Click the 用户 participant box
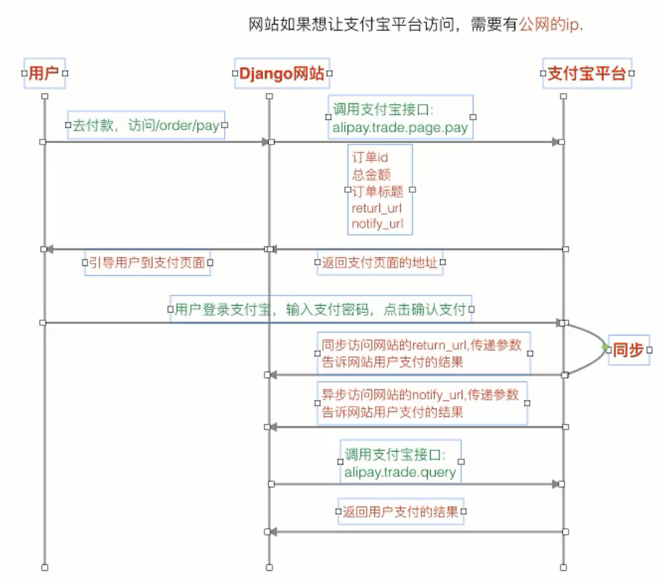[x=45, y=73]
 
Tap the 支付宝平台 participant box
[x=587, y=73]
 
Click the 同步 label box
[x=627, y=350]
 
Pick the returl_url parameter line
[x=376, y=208]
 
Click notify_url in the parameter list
[x=377, y=224]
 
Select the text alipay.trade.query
[x=400, y=473]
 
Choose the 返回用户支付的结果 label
[x=400, y=512]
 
